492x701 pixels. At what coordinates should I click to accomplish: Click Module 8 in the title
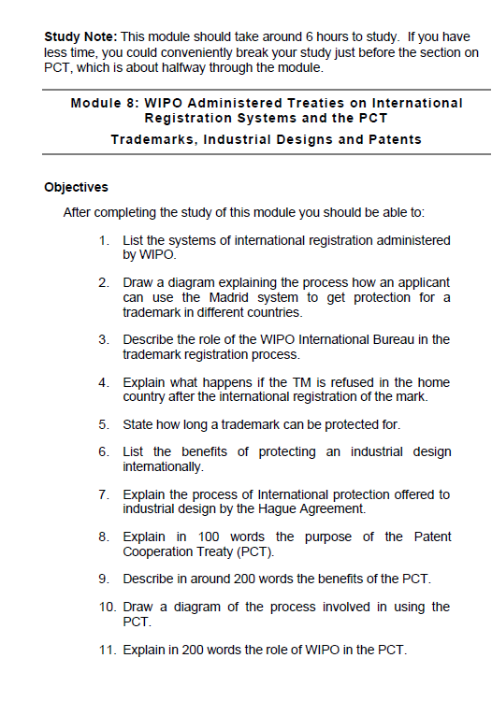coord(103,102)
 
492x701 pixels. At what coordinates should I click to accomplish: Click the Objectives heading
coord(76,187)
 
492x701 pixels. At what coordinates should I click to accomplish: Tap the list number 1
coord(104,240)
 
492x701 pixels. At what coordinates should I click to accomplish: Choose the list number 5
coord(104,424)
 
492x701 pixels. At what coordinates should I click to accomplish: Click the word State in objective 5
coord(138,424)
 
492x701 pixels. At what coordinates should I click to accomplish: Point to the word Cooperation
coord(161,551)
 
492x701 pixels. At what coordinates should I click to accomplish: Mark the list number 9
coord(104,579)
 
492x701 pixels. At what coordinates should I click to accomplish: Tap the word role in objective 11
coord(282,650)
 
